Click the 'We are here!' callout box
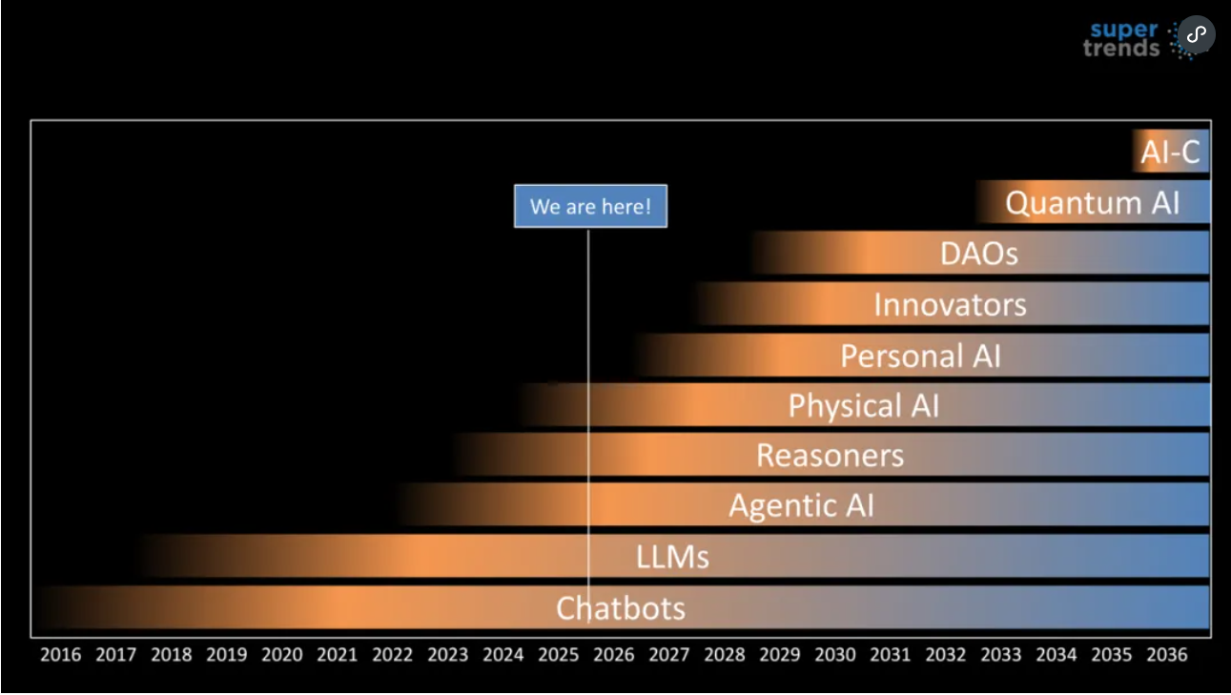[x=590, y=206]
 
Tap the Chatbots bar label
[x=620, y=608]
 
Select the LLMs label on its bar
[x=672, y=557]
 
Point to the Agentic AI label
[x=801, y=505]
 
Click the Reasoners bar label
[x=830, y=455]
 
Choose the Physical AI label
[x=863, y=406]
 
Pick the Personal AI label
[x=920, y=356]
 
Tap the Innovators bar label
[x=950, y=305]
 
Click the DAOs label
[x=978, y=254]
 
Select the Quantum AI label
[x=1092, y=202]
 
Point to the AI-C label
[x=1170, y=152]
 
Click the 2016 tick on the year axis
[x=60, y=655]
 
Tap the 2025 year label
[x=558, y=655]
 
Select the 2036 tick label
[x=1166, y=655]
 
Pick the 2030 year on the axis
[x=834, y=655]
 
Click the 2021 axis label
[x=337, y=655]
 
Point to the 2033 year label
[x=1000, y=655]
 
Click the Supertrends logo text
[x=1122, y=39]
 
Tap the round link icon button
[x=1197, y=34]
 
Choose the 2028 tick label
[x=724, y=655]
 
